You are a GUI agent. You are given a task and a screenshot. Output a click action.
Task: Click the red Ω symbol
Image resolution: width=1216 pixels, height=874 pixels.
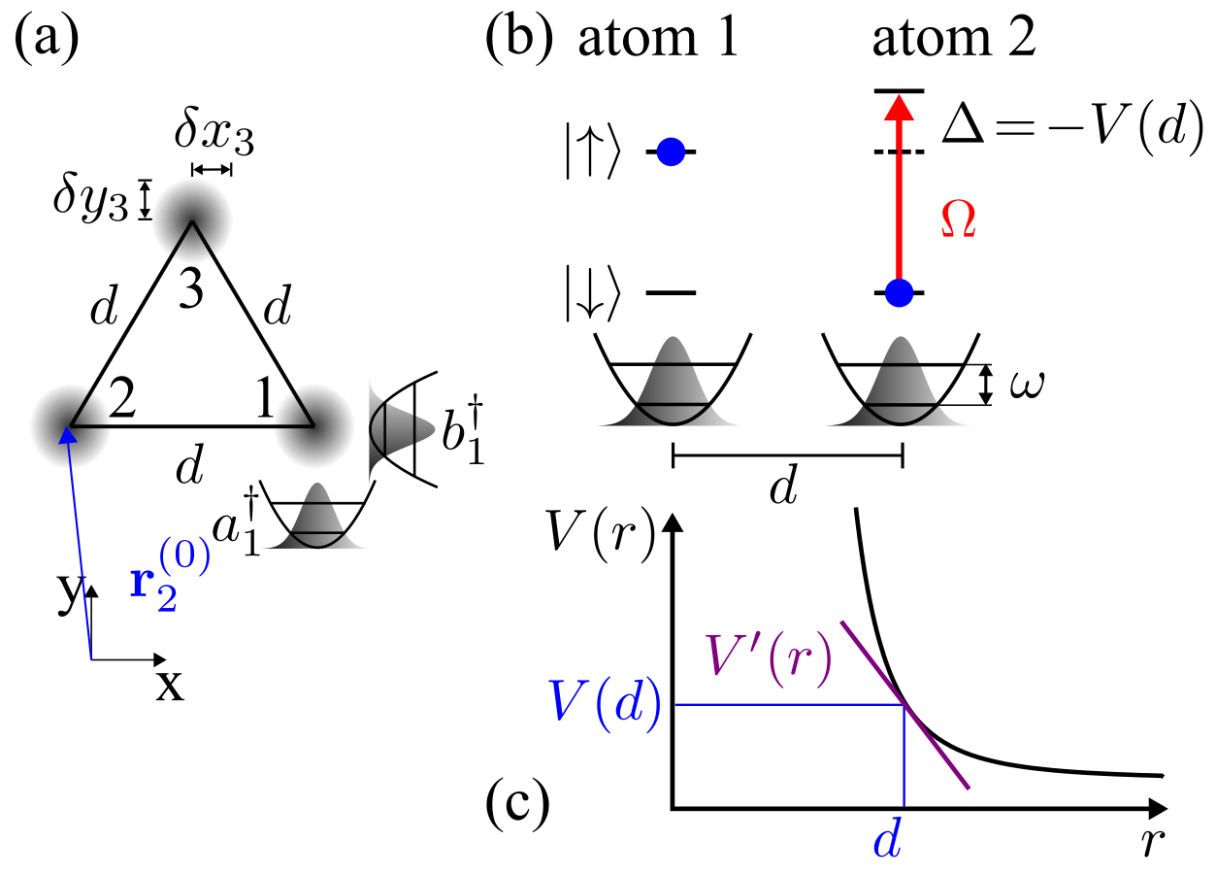(958, 221)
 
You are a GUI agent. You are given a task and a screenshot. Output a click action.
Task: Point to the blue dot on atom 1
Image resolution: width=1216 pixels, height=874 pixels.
(671, 151)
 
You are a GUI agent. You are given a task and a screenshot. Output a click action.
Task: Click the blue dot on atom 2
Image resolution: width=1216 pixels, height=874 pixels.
(900, 290)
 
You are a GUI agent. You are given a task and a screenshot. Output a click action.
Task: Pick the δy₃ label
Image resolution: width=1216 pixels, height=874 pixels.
(91, 200)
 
